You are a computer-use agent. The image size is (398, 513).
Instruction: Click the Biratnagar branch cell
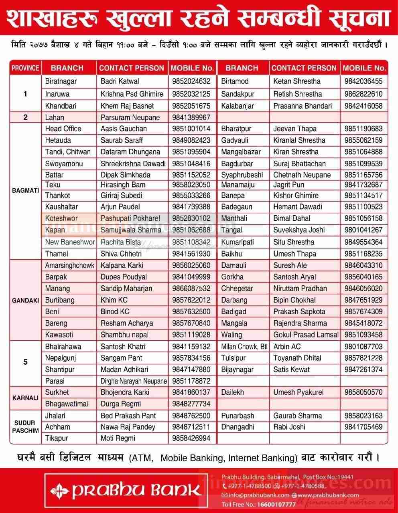(x=61, y=81)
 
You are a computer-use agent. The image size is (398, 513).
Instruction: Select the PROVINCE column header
(x=25, y=68)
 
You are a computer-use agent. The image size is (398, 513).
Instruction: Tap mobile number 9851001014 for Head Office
(x=191, y=129)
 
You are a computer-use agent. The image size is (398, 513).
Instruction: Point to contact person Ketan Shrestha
(x=297, y=81)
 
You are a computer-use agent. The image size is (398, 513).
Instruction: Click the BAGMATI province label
(x=25, y=191)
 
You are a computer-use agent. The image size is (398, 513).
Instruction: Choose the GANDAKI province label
(x=25, y=300)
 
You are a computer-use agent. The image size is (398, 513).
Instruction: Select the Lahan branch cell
(x=55, y=117)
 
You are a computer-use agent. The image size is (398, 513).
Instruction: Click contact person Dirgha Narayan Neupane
(x=134, y=381)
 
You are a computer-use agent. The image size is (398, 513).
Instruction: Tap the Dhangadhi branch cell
(x=238, y=427)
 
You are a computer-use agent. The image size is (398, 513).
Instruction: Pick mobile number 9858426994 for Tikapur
(x=191, y=438)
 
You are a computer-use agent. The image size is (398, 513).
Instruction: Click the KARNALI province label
(x=25, y=398)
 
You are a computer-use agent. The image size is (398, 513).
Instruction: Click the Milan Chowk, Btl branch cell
(x=244, y=347)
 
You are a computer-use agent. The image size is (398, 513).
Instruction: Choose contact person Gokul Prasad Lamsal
(x=306, y=335)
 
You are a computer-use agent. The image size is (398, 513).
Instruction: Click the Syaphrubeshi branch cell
(x=242, y=175)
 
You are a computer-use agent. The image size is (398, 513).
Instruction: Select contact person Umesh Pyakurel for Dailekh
(x=298, y=392)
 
